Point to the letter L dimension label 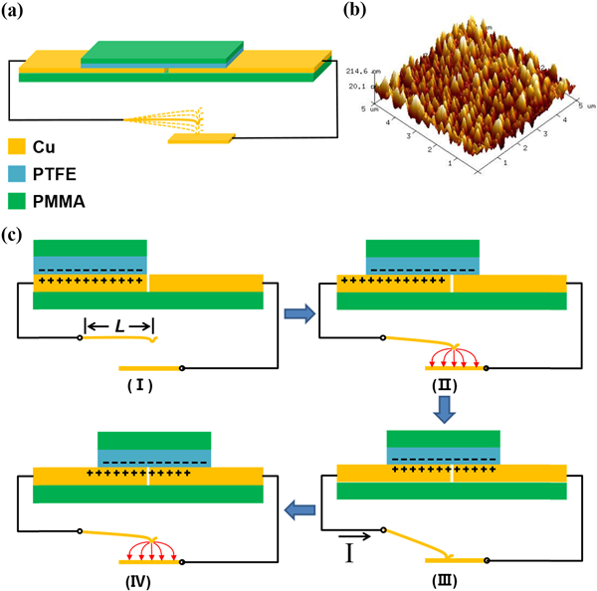coord(118,324)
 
